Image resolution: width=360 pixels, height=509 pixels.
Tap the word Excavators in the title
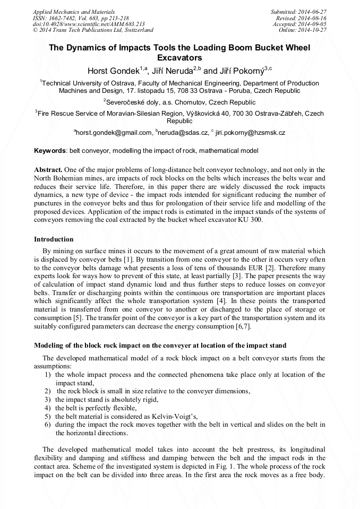[180, 57]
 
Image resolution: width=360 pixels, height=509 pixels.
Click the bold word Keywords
[50, 151]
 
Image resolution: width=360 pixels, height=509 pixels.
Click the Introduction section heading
[54, 239]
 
